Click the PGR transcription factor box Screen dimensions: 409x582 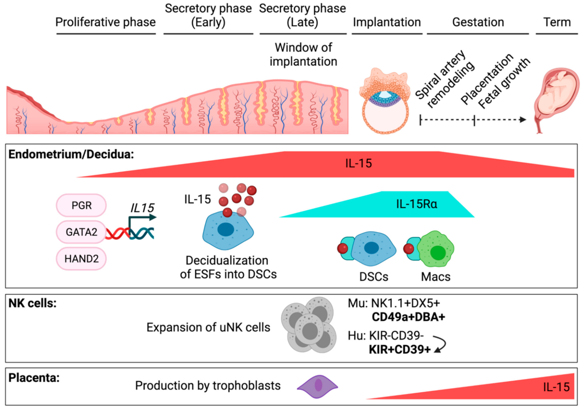click(x=81, y=205)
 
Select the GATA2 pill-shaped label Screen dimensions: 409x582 click(x=81, y=232)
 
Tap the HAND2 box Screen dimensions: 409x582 click(x=81, y=259)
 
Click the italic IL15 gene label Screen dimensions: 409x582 click(x=142, y=208)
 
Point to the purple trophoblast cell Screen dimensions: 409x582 click(x=318, y=386)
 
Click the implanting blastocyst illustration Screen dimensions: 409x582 click(x=385, y=102)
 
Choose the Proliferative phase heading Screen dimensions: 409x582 click(x=105, y=22)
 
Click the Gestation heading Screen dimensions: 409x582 click(x=478, y=22)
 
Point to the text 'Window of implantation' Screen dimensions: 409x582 click(x=303, y=54)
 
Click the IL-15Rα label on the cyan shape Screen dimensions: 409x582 click(x=416, y=204)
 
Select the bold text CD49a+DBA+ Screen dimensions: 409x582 click(x=408, y=317)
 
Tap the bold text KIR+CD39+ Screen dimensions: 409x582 click(x=400, y=349)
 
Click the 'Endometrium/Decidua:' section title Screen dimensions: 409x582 click(x=71, y=154)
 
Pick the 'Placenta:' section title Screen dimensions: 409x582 click(x=34, y=378)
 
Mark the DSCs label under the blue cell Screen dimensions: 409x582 click(x=374, y=277)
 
